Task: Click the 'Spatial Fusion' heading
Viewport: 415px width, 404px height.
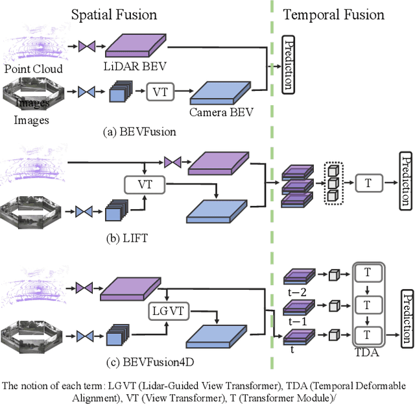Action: (x=114, y=14)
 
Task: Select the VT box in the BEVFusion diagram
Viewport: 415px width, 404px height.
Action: (x=161, y=92)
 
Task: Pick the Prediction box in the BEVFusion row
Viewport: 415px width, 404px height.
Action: (x=289, y=65)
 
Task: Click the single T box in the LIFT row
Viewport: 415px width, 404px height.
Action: (x=368, y=183)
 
